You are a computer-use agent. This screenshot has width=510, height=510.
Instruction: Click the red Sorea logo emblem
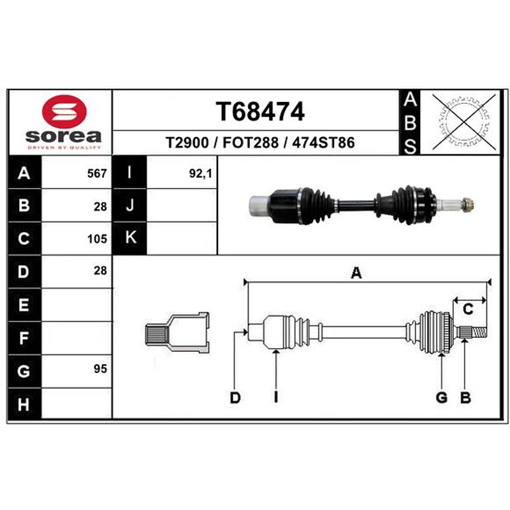pyautogui.click(x=64, y=111)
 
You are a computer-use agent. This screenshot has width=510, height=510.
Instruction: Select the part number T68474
pyautogui.click(x=260, y=112)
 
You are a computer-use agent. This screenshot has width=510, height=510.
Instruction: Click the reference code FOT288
pyautogui.click(x=251, y=143)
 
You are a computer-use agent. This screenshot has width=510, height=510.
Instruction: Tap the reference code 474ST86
pyautogui.click(x=323, y=143)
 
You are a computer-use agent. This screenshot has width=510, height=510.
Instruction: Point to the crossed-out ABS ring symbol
pyautogui.click(x=464, y=122)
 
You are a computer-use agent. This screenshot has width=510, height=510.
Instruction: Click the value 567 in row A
pyautogui.click(x=97, y=173)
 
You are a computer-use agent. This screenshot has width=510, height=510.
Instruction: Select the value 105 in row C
pyautogui.click(x=97, y=239)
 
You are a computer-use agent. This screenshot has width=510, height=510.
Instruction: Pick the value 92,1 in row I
pyautogui.click(x=201, y=173)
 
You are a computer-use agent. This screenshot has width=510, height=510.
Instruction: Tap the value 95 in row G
pyautogui.click(x=100, y=369)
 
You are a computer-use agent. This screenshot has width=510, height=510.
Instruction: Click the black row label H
pyautogui.click(x=24, y=404)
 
